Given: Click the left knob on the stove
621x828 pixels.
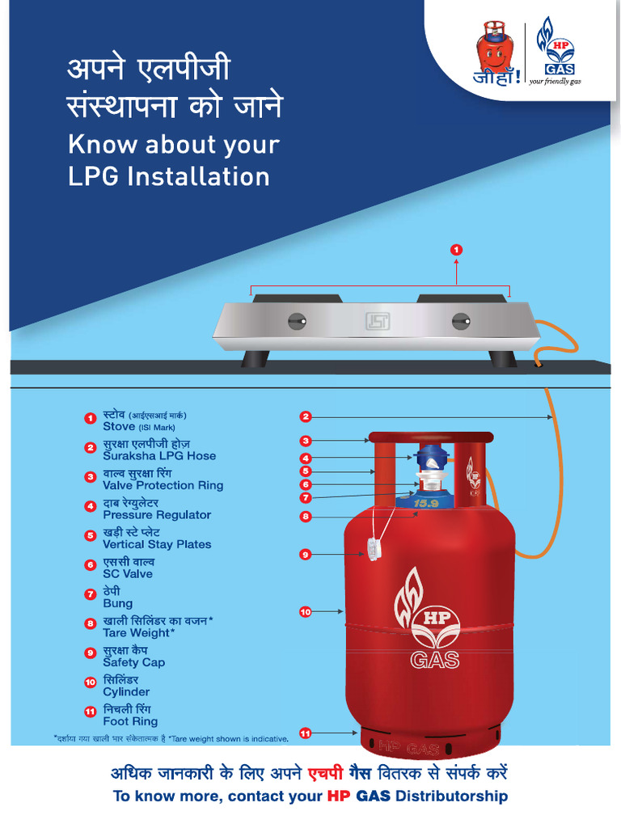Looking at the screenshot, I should click(296, 321).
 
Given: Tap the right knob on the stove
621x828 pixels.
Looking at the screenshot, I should click(461, 321).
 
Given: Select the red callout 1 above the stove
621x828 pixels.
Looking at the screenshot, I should click(457, 251).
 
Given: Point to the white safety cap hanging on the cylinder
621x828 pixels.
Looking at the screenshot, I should click(373, 549).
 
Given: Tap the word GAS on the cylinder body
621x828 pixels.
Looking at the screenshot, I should click(434, 660).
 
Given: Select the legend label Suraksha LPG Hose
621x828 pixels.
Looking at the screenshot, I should click(159, 456).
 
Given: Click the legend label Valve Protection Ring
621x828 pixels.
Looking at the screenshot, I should click(163, 486).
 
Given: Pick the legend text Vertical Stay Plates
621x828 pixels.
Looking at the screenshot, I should click(157, 545).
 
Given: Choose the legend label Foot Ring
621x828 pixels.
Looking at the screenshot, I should click(130, 722).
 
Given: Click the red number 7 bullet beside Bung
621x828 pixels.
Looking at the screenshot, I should click(91, 594).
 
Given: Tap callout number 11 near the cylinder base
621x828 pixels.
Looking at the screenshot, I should click(305, 733).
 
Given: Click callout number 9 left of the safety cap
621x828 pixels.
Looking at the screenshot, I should click(305, 555).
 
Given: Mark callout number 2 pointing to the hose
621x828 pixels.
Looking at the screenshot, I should click(305, 417).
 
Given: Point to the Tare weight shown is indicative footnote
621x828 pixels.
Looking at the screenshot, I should click(234, 738).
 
